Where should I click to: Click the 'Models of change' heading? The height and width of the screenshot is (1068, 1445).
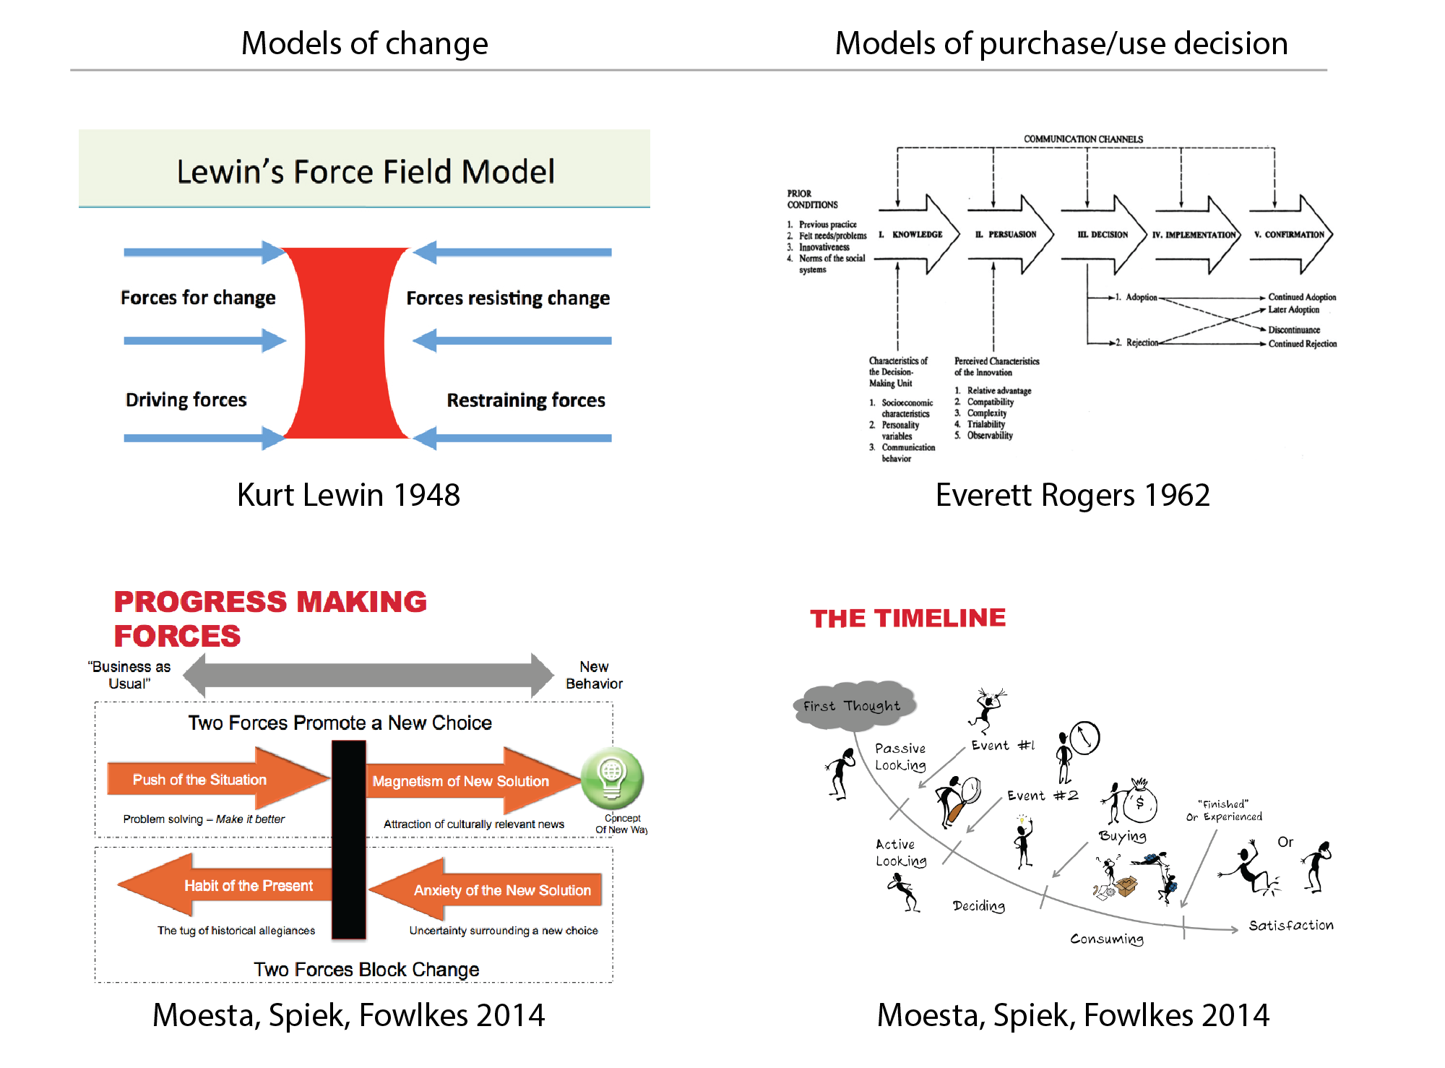point(364,43)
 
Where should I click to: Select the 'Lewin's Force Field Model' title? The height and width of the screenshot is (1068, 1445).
point(366,172)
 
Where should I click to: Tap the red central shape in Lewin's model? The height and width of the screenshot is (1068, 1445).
point(345,343)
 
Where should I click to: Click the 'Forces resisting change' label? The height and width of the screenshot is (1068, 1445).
point(507,298)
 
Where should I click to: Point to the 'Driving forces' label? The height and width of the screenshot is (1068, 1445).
point(186,400)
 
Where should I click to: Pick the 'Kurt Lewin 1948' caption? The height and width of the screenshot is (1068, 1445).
point(348,495)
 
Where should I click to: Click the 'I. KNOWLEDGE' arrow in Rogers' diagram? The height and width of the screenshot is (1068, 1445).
point(918,235)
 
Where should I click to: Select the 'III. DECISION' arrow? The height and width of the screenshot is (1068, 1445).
point(1103,235)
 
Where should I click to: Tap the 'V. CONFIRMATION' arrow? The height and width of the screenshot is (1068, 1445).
point(1290,235)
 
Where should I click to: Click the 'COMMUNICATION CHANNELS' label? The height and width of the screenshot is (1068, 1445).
point(1083,139)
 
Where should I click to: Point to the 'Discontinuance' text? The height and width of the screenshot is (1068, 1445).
point(1293,330)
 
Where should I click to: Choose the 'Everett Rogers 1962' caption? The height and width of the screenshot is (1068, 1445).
point(1072,495)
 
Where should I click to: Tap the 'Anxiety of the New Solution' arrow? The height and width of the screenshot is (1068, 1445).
point(491,890)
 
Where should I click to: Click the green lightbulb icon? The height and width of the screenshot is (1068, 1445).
point(612,778)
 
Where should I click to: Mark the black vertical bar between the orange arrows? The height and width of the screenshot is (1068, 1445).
point(348,838)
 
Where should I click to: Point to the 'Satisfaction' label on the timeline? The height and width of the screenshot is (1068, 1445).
point(1291,925)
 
